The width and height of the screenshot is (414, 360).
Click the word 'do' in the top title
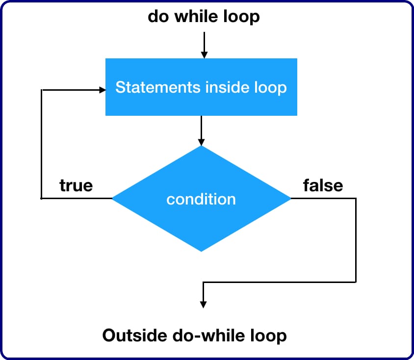coord(157,17)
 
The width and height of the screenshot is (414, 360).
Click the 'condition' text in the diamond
coord(201,200)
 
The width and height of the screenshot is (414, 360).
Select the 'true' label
coord(76,185)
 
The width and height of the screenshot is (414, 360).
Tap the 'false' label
coord(323,185)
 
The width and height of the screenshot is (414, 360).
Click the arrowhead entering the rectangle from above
coord(204,54)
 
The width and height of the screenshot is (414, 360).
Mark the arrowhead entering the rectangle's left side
coord(102,90)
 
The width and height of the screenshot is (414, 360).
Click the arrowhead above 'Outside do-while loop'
coord(203,304)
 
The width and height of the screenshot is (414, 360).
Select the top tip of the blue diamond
coord(201,146)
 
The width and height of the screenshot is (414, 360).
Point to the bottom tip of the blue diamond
coord(201,252)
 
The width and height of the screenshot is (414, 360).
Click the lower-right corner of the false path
coord(356,282)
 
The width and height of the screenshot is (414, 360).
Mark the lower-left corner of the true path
coord(42,199)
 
